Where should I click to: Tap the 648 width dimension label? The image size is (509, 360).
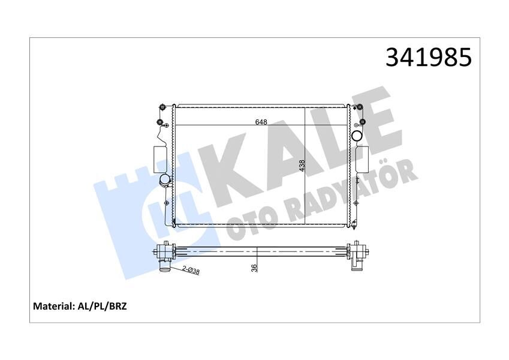click(261, 122)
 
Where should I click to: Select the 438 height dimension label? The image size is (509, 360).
click(302, 166)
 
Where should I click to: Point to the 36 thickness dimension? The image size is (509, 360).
click(254, 268)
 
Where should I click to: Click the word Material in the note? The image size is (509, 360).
click(53, 306)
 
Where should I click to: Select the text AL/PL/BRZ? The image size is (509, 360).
click(103, 306)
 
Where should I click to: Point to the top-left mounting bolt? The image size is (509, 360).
click(162, 107)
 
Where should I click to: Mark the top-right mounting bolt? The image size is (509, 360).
click(362, 107)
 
